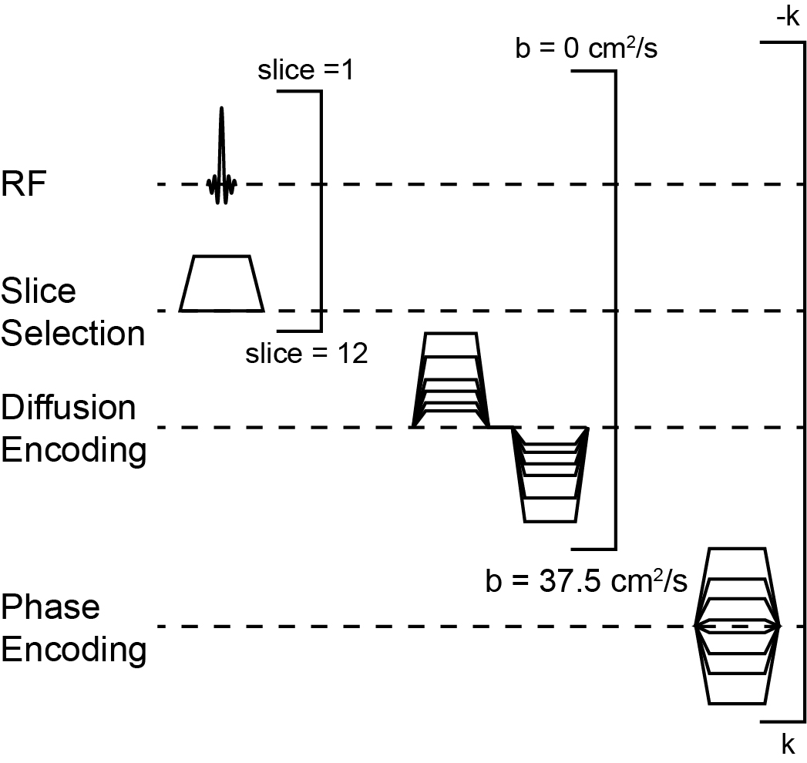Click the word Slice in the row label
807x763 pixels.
(x=39, y=291)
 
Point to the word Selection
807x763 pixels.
(x=73, y=334)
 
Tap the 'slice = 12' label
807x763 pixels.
(x=306, y=354)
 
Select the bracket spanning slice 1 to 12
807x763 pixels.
(x=320, y=208)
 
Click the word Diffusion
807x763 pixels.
(x=69, y=407)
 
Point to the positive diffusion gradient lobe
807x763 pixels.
(x=452, y=381)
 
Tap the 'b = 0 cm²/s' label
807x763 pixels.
(x=586, y=51)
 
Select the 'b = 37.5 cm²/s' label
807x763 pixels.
(x=586, y=580)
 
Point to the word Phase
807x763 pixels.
(x=50, y=607)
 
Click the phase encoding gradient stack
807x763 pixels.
(x=738, y=626)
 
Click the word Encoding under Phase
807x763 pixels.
(x=73, y=650)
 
